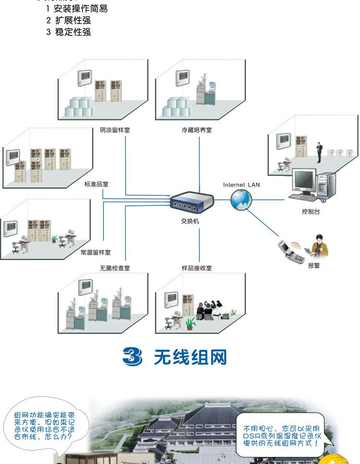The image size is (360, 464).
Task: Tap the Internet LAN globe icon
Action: point(240,199)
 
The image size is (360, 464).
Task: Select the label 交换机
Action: point(190,221)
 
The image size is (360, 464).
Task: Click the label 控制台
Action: point(311,212)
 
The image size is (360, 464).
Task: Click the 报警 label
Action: point(314,265)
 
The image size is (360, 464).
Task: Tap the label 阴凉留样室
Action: point(115,130)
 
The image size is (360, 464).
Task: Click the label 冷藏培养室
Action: point(196,130)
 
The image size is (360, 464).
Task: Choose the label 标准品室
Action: point(96,184)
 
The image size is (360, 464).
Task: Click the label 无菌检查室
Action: point(115,268)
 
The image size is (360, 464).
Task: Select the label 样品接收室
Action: point(196,268)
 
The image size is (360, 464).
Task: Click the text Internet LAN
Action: point(241,185)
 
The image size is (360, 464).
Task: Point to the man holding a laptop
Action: point(319,246)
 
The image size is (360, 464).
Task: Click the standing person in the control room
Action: point(318,153)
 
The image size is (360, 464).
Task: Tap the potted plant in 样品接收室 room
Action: point(191,323)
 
